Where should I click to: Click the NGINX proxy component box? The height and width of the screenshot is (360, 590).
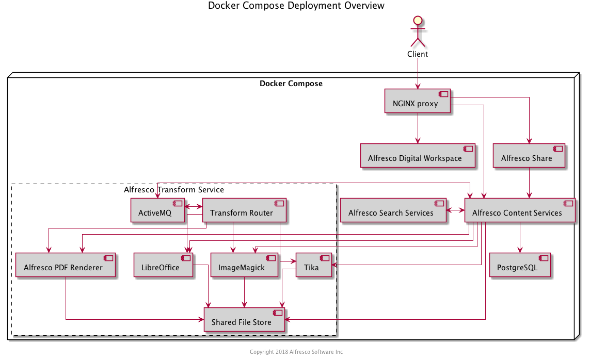point(418,101)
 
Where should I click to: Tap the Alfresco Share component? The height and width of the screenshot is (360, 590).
point(529,156)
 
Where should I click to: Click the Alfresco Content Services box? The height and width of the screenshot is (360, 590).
point(519,210)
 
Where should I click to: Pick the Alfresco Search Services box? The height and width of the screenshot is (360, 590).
point(393,210)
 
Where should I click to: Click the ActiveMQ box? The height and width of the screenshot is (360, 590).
point(157,210)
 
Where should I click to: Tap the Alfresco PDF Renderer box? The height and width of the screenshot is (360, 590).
point(65,265)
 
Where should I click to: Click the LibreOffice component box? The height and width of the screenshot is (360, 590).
point(163,265)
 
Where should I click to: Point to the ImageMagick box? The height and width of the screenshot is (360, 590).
point(244,265)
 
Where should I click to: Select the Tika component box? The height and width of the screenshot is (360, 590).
point(313,265)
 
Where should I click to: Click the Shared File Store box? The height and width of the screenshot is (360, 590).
point(244,320)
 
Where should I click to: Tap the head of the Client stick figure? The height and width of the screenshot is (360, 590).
point(417,21)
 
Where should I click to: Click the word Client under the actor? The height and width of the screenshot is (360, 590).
point(417,54)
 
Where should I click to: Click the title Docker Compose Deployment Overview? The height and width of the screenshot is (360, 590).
point(296,6)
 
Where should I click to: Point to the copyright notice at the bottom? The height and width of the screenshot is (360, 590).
point(296,352)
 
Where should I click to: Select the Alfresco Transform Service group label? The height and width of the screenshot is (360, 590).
point(174,190)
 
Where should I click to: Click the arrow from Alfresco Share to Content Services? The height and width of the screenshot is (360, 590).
point(529,183)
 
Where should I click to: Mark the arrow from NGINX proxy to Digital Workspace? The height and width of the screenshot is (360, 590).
point(417,128)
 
